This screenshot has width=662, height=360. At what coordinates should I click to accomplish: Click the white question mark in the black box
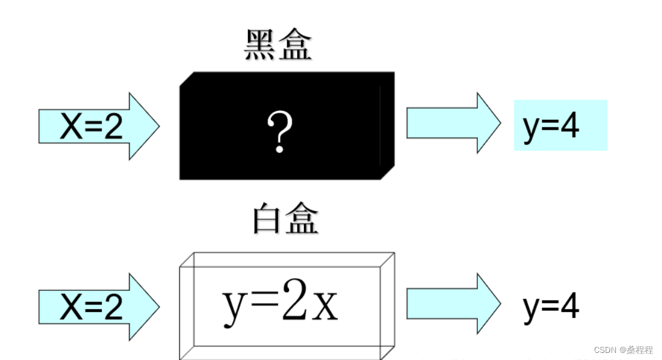tap(280, 132)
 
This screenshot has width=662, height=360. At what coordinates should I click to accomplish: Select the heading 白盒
tap(285, 220)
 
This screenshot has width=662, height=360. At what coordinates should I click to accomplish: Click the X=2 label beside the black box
tap(91, 126)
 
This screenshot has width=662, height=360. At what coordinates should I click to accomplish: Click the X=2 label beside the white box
tap(91, 307)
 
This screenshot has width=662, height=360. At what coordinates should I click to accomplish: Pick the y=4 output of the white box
tap(551, 306)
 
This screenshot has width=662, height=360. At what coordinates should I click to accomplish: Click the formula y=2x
tap(280, 302)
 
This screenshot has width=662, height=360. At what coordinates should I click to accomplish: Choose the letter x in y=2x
tap(325, 306)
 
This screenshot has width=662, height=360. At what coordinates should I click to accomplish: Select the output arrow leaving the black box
tap(453, 123)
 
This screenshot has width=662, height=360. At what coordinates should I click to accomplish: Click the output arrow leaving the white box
tap(453, 303)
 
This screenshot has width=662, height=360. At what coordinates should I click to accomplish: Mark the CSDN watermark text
tap(623, 350)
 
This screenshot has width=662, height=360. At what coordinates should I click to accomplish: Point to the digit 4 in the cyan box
tap(569, 126)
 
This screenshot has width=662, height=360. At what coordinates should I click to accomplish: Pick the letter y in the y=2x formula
tap(233, 307)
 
